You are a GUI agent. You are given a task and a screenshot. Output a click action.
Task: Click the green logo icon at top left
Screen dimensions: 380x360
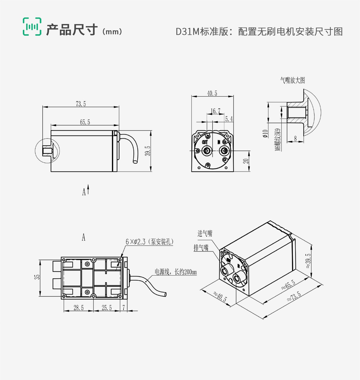point(32,27)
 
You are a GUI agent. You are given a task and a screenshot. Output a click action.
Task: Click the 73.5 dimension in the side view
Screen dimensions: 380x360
point(81,104)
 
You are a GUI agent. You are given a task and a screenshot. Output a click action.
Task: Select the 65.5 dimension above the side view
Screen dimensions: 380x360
point(85,122)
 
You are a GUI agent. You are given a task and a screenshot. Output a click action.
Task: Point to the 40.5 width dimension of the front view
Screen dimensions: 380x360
point(212,93)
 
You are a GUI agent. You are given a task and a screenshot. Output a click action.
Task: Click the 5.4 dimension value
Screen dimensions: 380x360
point(229,119)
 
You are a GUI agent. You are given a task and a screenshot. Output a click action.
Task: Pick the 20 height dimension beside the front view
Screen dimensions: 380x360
point(246,161)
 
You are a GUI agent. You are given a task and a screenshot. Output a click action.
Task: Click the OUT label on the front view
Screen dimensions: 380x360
point(205,142)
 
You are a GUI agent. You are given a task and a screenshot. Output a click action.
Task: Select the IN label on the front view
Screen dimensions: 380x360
point(219,142)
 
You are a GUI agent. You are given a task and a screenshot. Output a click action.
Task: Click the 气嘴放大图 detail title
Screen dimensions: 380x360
point(292,80)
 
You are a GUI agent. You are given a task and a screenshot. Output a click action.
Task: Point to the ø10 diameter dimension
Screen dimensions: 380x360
point(265,134)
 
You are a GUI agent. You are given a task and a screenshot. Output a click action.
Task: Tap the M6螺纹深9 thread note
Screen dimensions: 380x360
point(278,140)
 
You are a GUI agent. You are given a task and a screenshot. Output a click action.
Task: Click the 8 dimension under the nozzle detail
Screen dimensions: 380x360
point(295,138)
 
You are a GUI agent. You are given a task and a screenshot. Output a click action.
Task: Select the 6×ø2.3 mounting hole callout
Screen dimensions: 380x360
point(149,242)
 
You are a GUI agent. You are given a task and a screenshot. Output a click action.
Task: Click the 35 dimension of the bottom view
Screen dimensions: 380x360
point(37,277)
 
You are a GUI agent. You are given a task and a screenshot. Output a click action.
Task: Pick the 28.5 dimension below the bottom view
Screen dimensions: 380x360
point(79,308)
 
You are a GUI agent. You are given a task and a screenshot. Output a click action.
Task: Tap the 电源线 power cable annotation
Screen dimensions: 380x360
point(175,272)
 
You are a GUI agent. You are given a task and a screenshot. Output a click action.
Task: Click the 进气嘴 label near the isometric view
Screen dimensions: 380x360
point(205,233)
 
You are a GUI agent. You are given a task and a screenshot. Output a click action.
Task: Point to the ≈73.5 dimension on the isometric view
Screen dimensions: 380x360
point(294,296)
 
